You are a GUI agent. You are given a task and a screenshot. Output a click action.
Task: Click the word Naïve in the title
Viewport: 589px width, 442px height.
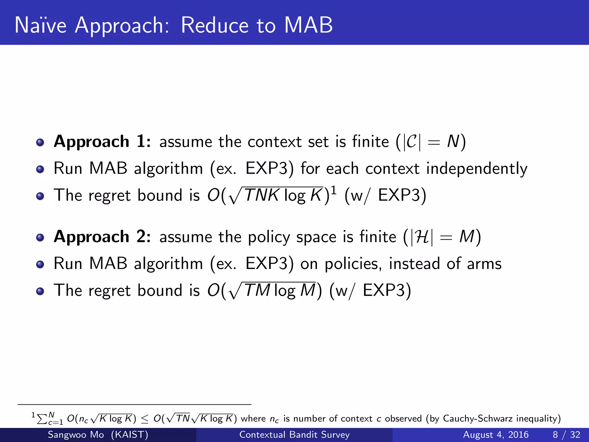coord(41,25)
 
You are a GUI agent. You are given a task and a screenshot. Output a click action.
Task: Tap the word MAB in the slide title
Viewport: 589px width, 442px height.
coord(308,25)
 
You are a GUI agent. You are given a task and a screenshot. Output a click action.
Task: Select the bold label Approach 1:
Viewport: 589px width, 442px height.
coord(102,142)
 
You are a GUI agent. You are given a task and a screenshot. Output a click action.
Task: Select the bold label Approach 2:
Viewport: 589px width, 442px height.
coord(102,237)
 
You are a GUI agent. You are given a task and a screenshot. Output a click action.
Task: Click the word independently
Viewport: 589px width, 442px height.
coord(477,169)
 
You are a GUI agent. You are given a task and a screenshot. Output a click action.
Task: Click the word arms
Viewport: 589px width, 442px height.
coord(484,264)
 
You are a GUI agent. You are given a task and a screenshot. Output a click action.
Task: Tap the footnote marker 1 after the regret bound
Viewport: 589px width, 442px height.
coord(334,190)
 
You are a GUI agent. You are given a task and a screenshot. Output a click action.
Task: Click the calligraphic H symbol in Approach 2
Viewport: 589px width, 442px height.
coord(422,237)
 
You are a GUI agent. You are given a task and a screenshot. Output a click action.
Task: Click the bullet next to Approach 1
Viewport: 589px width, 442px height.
coord(40,142)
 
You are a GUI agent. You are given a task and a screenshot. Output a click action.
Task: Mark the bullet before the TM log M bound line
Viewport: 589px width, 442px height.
coord(40,291)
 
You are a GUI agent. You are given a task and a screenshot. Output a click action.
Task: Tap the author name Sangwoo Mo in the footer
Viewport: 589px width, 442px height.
coord(76,435)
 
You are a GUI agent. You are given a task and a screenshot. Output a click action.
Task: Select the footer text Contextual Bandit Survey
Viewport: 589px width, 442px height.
coord(294,435)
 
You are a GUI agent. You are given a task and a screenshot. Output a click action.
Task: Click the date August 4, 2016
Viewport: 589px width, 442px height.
coord(496,435)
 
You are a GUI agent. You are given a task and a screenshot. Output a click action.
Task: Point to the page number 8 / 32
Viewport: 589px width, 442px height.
coord(566,435)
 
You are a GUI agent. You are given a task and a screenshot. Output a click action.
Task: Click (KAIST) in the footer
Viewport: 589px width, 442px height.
coord(129,435)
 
